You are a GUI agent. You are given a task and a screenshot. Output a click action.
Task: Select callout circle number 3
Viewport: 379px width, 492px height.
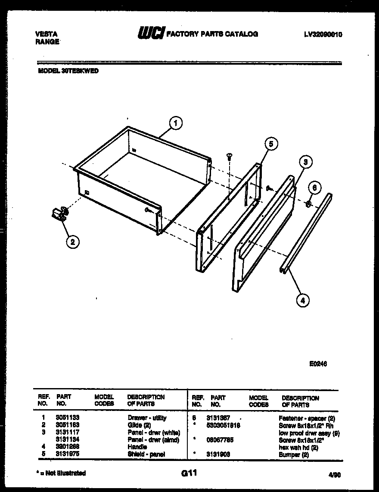[305, 162]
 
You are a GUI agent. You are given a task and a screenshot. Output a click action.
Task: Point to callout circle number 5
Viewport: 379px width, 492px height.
[270, 144]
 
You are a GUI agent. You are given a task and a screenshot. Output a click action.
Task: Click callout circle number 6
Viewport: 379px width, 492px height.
[315, 188]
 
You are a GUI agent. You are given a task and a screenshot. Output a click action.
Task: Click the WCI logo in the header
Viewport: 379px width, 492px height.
[151, 33]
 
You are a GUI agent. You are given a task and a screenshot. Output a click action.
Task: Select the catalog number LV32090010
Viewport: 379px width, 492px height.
[323, 34]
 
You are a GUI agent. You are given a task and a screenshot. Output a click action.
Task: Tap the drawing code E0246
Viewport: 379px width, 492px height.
[318, 364]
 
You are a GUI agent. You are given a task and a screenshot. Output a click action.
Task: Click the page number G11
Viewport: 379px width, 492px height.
[189, 473]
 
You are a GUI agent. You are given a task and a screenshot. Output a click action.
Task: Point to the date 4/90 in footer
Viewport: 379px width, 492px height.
[334, 474]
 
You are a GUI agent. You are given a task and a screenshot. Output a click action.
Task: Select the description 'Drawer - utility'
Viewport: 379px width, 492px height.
[147, 418]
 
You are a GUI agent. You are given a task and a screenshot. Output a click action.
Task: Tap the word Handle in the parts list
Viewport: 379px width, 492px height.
[137, 447]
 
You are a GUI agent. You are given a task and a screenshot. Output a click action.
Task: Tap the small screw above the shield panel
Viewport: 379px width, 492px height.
[229, 157]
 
